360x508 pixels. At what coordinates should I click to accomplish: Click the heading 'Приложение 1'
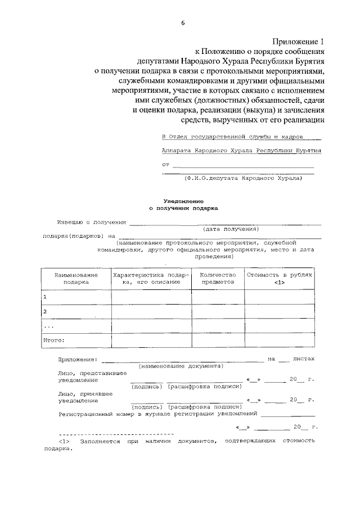pos(299,41)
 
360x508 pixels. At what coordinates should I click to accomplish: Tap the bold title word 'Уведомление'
pos(183,200)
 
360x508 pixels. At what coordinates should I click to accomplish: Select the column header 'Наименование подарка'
pos(75,278)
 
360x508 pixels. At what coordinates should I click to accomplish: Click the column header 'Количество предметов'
pos(217,278)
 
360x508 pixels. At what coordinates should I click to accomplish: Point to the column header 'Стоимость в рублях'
pos(280,275)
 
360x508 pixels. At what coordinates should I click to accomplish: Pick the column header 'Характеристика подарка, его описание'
pos(151,278)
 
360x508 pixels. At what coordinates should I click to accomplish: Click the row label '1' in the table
pos(45,297)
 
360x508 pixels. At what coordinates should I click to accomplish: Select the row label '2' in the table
pos(45,311)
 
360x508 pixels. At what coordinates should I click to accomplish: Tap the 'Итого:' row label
pos(54,340)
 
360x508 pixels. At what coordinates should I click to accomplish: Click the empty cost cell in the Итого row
pos(279,340)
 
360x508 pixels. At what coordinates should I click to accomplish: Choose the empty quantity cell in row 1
pos(217,297)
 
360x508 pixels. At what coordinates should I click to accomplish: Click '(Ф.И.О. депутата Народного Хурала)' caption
pos(243,178)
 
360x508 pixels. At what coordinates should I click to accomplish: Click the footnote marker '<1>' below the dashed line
pos(64,442)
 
